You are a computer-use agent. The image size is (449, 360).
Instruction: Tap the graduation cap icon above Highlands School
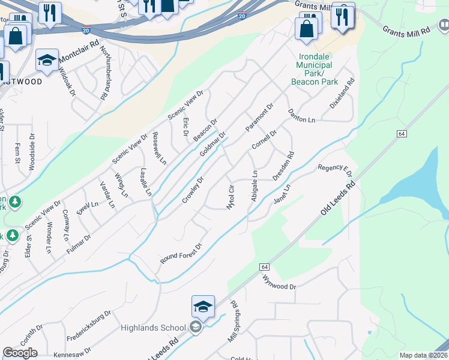(x=203, y=307)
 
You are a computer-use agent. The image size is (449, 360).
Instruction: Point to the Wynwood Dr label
(x=279, y=282)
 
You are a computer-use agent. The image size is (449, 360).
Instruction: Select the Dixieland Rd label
(x=342, y=94)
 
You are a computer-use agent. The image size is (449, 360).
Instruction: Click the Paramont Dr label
(x=259, y=118)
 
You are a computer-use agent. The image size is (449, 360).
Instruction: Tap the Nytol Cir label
(x=229, y=197)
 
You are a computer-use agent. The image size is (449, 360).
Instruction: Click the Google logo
(x=20, y=353)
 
